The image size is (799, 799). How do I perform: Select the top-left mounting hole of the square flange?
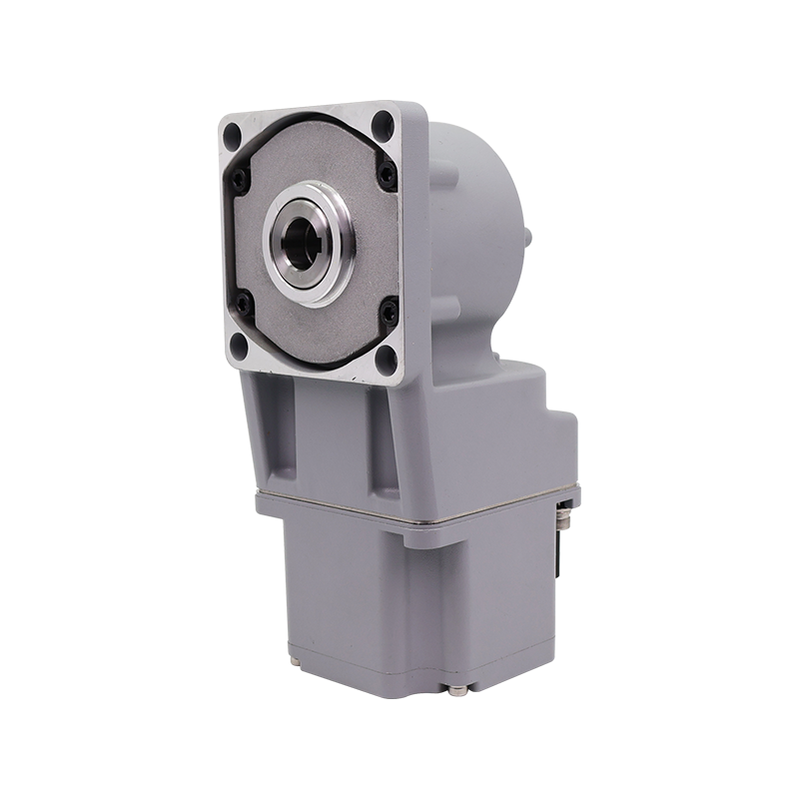232,132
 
